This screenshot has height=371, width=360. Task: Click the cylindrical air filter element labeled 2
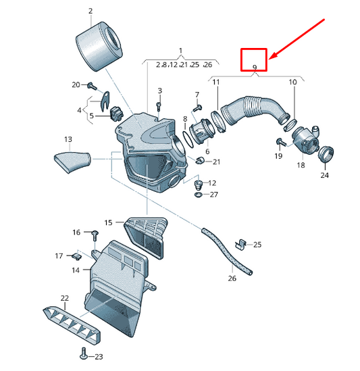click(x=99, y=47)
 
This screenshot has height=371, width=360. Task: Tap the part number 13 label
click(x=68, y=139)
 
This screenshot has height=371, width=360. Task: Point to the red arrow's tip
click(x=269, y=59)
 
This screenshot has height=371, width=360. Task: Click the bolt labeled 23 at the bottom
click(x=83, y=353)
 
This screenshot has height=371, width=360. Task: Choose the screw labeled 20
click(x=92, y=86)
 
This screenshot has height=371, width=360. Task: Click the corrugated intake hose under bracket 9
click(x=255, y=110)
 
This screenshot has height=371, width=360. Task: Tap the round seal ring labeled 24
click(x=326, y=154)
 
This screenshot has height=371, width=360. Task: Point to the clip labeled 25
click(x=240, y=244)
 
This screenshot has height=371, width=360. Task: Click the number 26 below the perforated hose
click(x=232, y=278)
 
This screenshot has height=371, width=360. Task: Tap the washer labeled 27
click(x=199, y=195)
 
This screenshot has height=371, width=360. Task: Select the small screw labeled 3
click(x=159, y=106)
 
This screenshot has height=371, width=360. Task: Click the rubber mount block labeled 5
click(x=117, y=114)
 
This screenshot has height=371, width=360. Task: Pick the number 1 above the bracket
click(x=180, y=51)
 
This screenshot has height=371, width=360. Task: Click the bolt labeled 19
click(x=281, y=142)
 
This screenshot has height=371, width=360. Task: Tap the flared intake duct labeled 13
click(x=72, y=162)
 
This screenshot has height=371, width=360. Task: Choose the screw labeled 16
click(x=95, y=235)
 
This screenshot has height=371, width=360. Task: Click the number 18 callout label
click(x=301, y=165)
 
